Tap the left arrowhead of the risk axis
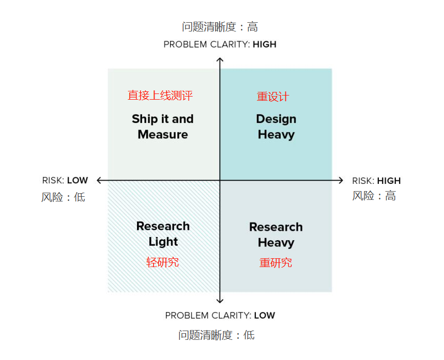[x=98, y=180]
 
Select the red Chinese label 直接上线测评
[x=160, y=96]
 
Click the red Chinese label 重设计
[x=273, y=97]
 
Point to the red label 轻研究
[x=162, y=262]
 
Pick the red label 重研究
[x=275, y=263]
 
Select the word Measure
[x=163, y=134]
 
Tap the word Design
[x=276, y=119]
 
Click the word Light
[x=163, y=242]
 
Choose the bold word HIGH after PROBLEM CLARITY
[x=265, y=44]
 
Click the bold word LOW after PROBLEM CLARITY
[x=265, y=315]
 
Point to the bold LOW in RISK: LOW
[x=78, y=180]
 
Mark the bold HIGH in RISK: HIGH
[x=389, y=181]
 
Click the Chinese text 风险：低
[x=63, y=197]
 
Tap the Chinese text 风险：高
[x=374, y=196]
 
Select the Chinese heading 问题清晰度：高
[x=220, y=27]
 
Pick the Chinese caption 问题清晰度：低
[x=217, y=335]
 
